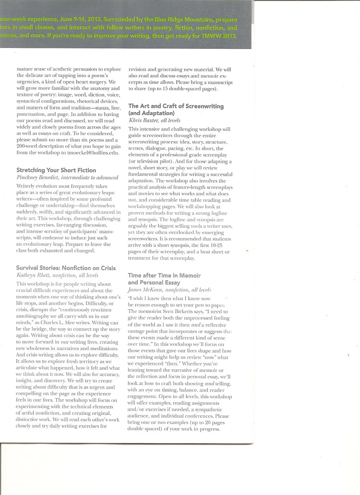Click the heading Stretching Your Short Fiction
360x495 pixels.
pyautogui.click(x=56, y=170)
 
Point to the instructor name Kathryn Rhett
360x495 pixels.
pyautogui.click(x=32, y=275)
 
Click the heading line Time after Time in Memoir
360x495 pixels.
pyautogui.click(x=164, y=275)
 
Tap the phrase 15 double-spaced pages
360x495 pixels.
pyautogui.click(x=183, y=89)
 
